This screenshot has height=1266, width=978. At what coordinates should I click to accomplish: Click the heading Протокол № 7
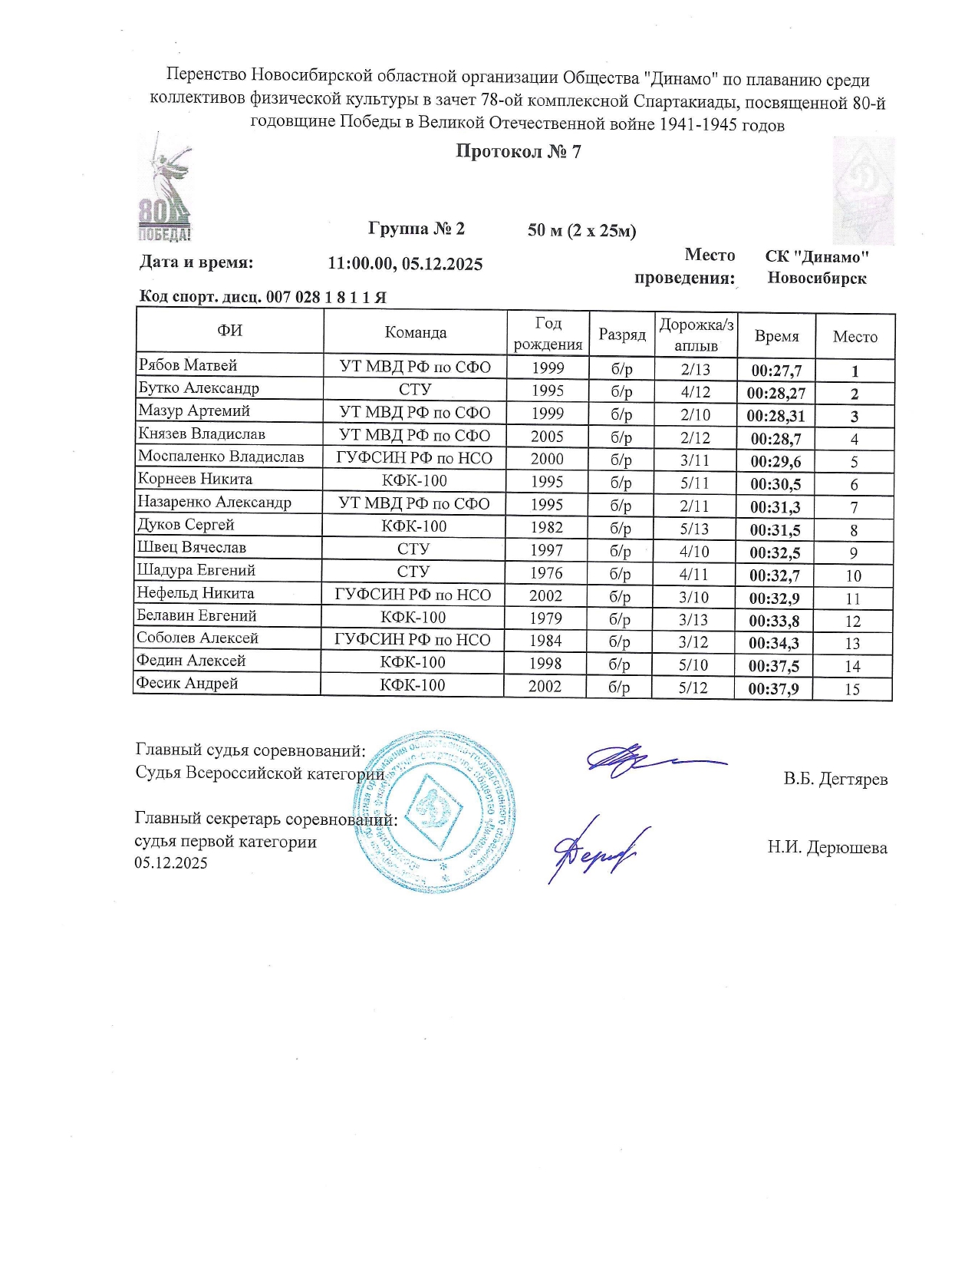pos(519,151)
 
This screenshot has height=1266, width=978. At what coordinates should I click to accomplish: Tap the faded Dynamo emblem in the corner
pos(863,190)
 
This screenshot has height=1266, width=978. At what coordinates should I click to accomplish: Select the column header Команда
pos(415,332)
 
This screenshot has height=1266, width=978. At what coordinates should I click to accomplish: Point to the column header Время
pos(776,336)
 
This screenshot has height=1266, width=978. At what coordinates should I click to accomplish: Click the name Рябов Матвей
pos(188,365)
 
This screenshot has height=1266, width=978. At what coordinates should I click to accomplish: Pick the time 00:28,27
pos(776,394)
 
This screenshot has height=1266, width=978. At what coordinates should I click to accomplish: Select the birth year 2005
pos(547,437)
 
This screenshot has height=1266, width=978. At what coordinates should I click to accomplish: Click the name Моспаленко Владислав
pos(221,457)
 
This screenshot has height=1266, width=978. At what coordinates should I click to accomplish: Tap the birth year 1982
pos(546,528)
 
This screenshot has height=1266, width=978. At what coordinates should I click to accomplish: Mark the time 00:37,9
pos(773,689)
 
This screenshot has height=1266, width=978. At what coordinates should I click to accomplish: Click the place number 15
pos(852,689)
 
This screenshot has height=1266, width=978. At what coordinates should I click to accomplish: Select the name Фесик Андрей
pos(187,683)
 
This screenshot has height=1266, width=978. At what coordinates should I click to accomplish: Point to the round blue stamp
pos(434,812)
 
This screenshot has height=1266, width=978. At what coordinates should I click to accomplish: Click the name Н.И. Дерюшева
pos(827,848)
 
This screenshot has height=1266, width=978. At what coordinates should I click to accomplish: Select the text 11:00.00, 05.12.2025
pos(405,264)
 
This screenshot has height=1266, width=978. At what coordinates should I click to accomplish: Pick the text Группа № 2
pos(417,229)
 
